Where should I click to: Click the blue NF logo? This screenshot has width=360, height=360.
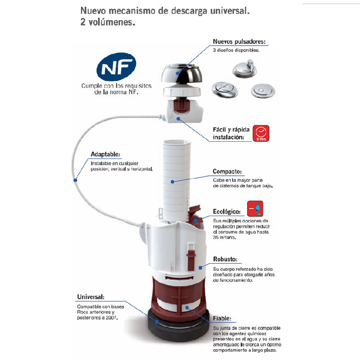pyautogui.click(x=117, y=67)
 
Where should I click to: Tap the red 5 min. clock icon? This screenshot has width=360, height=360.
pyautogui.click(x=261, y=133)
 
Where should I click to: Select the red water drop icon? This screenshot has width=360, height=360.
pyautogui.click(x=255, y=209)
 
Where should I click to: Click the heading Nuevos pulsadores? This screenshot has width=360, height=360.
pyautogui.click(x=239, y=41)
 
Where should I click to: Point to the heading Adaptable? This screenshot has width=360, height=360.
pyautogui.click(x=105, y=154)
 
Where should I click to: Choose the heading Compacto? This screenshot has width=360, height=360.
pyautogui.click(x=227, y=171)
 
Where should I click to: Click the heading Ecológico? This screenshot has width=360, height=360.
pyautogui.click(x=227, y=211)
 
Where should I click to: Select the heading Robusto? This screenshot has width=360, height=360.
pyautogui.click(x=225, y=259)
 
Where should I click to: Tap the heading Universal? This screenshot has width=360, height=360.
pyautogui.click(x=91, y=297)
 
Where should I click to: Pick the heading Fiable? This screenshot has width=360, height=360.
pyautogui.click(x=222, y=319)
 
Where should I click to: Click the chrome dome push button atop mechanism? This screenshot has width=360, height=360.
pyautogui.click(x=182, y=74)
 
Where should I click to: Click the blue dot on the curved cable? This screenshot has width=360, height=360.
pyautogui.click(x=75, y=180)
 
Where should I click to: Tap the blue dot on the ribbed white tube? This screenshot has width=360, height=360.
pyautogui.click(x=172, y=182)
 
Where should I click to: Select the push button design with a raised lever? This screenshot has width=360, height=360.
pyautogui.click(x=245, y=68)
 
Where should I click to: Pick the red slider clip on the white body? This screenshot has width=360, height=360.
pyautogui.click(x=191, y=256)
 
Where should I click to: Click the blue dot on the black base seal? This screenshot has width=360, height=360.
pyautogui.click(x=157, y=322)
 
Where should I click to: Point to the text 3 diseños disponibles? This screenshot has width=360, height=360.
pyautogui.click(x=236, y=50)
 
